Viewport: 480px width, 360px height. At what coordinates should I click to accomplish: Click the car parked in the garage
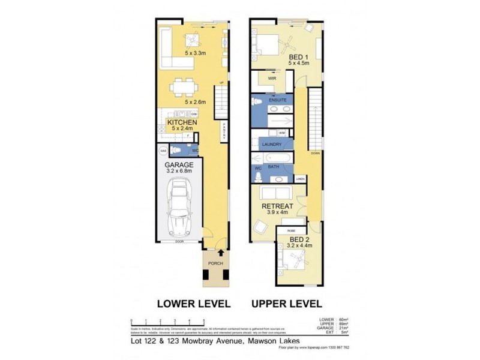click(x=178, y=207)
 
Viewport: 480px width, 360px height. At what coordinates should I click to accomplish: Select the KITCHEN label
click(x=182, y=121)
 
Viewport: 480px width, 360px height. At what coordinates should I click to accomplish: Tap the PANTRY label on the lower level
click(x=223, y=130)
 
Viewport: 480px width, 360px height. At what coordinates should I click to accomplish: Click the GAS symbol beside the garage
click(x=162, y=151)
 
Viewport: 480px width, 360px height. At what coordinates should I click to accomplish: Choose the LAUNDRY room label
click(x=272, y=145)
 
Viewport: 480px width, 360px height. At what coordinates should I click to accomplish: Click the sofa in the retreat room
click(x=278, y=193)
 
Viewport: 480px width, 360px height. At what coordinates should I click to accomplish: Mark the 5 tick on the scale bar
click(x=204, y=320)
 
